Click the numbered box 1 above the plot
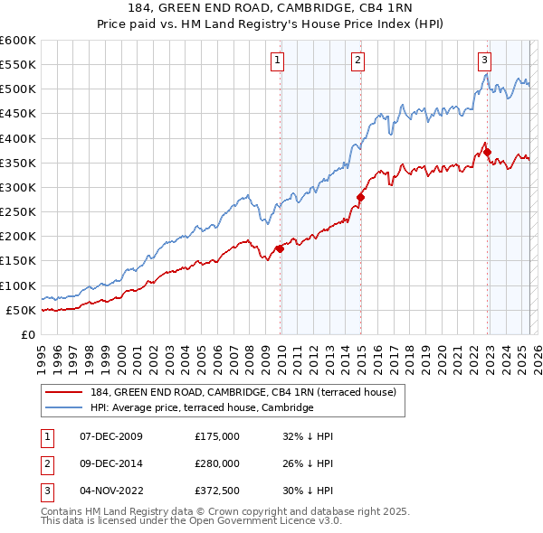(277, 61)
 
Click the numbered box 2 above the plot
(358, 61)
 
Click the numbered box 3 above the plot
(485, 61)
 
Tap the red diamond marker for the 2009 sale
(280, 248)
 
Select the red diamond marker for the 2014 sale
(360, 197)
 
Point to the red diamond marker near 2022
(488, 152)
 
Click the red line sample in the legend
(64, 392)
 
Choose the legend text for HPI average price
(201, 407)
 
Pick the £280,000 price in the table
(217, 463)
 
